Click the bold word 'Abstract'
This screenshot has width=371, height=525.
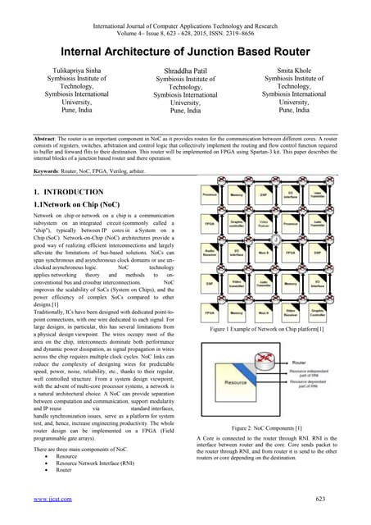pyautogui.click(x=38, y=133)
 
